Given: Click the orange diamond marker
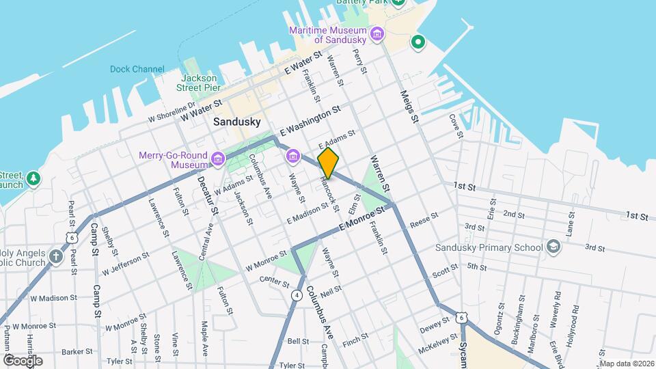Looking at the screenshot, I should coord(328,163).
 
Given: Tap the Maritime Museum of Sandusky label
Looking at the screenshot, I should coord(328,35).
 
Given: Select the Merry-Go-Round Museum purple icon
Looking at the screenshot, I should coord(218,160).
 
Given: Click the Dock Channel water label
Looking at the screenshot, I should coord(137,69).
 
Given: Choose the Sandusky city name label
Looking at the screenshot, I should coord(236,122).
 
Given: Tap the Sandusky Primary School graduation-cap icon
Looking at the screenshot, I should coord(553,247).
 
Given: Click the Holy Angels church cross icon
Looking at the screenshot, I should coord(55,258).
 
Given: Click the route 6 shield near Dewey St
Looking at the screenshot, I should coord(463,317).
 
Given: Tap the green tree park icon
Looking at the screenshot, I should coord(33,180).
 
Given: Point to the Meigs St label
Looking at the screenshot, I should coord(408,107).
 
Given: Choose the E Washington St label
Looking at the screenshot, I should coord(310,120).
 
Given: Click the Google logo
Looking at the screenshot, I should coord(23,360).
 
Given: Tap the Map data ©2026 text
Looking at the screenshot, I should coord(626,364).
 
